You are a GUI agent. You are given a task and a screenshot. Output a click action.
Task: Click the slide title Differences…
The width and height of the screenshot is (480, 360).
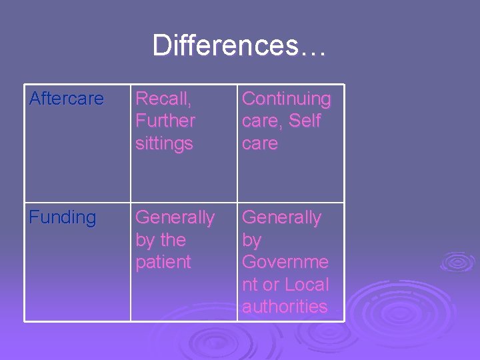[239, 45]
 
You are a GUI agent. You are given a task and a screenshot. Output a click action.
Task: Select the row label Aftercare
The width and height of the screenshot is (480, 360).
[67, 99]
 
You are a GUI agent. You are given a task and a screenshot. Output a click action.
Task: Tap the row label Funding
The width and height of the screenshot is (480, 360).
[63, 217]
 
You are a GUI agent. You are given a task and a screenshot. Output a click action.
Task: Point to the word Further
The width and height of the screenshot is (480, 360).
[165, 121]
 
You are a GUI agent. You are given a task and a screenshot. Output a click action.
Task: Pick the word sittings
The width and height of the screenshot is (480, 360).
[164, 143]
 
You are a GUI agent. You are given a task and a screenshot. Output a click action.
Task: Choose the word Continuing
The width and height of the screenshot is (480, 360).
[286, 99]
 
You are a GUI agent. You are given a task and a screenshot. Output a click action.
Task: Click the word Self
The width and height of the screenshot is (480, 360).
[305, 121]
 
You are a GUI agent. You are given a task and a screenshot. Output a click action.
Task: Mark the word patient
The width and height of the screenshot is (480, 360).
[163, 262]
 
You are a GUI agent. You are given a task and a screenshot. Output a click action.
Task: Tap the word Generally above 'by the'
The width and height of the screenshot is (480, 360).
[175, 217]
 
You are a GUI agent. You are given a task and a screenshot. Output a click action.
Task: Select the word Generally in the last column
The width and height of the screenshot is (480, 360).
[281, 217]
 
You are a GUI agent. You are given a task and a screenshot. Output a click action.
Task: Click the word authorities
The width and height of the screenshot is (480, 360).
[285, 307]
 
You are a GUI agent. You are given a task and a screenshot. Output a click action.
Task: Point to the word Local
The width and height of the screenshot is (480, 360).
[307, 284]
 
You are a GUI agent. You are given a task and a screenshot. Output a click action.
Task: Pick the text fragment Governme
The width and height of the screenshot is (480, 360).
[285, 262]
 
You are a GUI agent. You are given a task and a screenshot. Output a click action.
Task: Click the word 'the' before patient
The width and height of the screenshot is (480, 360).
[173, 240]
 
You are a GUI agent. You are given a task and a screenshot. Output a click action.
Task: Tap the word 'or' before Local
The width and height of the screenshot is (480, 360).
[271, 284]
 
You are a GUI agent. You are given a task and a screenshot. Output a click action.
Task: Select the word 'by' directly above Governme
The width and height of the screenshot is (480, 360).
[251, 240]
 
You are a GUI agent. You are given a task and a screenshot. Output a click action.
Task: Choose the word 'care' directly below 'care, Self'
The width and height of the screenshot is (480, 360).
[259, 143]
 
